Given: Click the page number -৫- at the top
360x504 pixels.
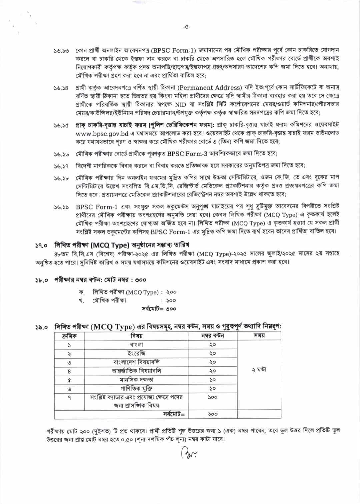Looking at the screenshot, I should pos(187,27).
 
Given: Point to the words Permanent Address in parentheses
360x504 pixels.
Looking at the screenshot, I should pos(210,88).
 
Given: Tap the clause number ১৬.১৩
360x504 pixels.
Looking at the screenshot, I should pos(61,51).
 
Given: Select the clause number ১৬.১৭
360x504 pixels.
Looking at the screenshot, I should pos(61,166).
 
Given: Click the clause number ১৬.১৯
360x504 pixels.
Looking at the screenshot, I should pos(61,207).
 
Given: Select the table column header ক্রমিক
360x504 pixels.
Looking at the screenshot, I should pos(69,336).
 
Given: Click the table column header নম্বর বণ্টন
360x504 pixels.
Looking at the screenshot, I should pos(213,336).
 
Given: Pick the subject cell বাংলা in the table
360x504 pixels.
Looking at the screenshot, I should pos(136,344).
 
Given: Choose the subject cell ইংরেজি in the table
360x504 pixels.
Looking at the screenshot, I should pos(136,353).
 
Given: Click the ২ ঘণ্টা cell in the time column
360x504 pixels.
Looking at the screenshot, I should pos(259,370).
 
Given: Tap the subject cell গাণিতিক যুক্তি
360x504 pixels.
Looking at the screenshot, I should pos(136,388).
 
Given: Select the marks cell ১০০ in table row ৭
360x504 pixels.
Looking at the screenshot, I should pos(213,397).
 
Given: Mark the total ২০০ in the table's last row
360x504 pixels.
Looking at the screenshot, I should pos(213,414).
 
